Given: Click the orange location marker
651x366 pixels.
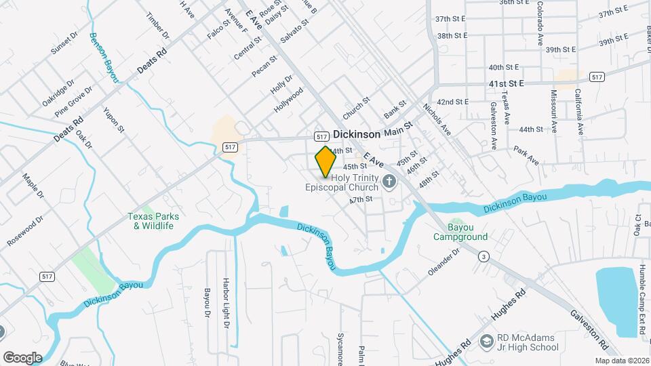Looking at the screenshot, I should pyautogui.click(x=325, y=161).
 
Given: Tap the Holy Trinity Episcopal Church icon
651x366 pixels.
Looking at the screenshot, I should pyautogui.click(x=389, y=181).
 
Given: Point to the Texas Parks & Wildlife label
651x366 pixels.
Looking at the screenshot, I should pyautogui.click(x=154, y=221).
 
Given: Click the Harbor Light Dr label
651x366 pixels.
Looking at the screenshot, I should pyautogui.click(x=226, y=299).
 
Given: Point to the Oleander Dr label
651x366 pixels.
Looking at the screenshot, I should pyautogui.click(x=443, y=261).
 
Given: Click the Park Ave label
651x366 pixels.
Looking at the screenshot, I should pyautogui.click(x=526, y=155).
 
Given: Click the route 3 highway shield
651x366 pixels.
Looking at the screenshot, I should pyautogui.click(x=484, y=256).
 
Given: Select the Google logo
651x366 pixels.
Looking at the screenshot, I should pyautogui.click(x=22, y=357).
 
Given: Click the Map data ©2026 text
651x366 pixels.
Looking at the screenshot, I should pyautogui.click(x=621, y=361).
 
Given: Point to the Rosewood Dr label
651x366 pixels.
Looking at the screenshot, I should pyautogui.click(x=24, y=231).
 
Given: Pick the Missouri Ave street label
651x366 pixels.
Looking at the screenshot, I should pyautogui.click(x=554, y=110).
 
